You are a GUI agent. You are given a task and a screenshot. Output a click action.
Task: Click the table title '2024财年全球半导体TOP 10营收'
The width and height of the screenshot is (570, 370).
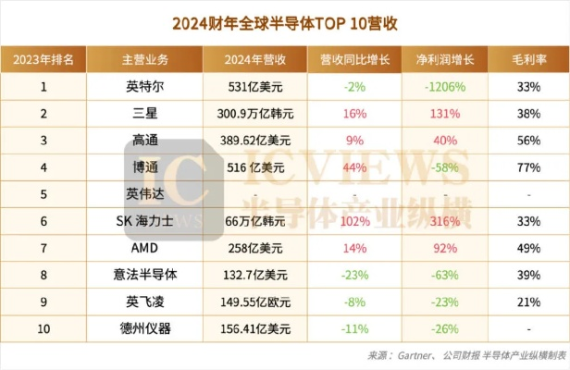coord(284,21)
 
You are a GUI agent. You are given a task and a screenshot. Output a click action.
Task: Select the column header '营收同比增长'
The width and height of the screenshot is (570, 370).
coord(354,60)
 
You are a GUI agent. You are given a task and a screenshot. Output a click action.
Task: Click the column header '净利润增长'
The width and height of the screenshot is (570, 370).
coord(444,60)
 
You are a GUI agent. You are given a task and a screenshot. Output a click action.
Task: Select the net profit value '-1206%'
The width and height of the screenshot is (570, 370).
coord(444,87)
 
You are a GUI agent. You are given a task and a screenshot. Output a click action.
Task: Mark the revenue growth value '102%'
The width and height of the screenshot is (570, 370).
coord(354,222)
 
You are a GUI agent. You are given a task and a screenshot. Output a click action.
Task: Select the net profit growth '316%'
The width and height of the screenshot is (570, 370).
coord(444,222)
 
